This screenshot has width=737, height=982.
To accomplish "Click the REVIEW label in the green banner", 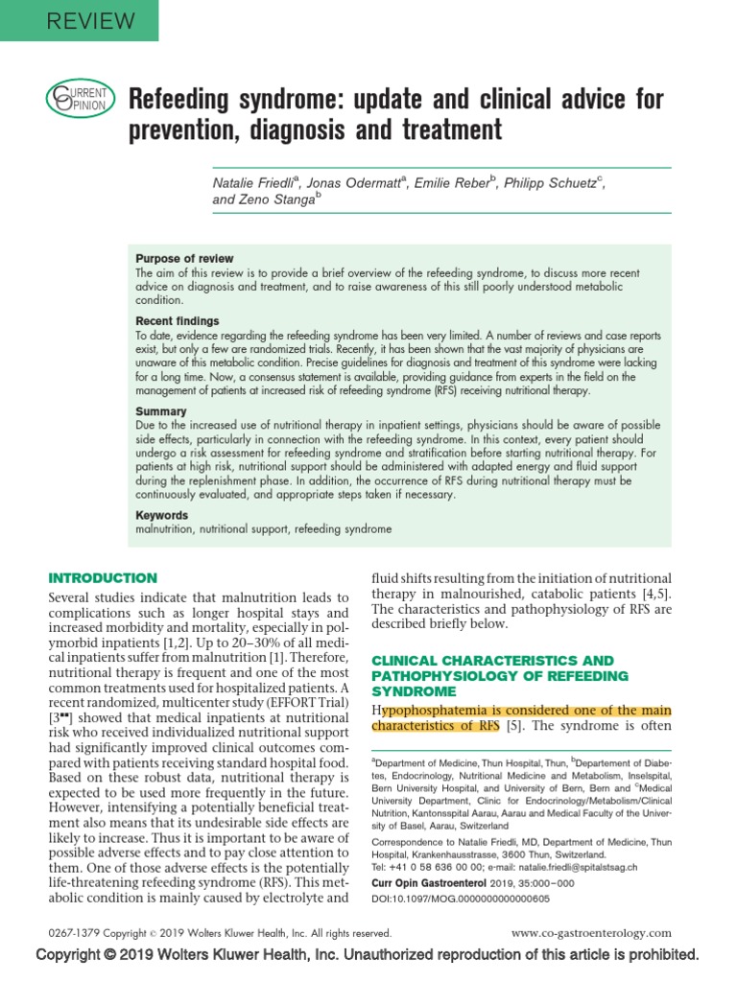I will coord(79,19).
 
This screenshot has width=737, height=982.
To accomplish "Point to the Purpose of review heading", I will coord(184,259).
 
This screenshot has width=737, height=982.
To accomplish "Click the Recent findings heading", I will coord(178,320).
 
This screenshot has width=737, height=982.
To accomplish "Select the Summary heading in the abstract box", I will coord(161,410).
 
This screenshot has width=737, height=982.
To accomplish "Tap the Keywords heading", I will coord(163,515).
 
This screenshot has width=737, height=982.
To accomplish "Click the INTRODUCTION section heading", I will coord(103,578).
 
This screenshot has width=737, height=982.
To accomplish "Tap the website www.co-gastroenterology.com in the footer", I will coord(592,932).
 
